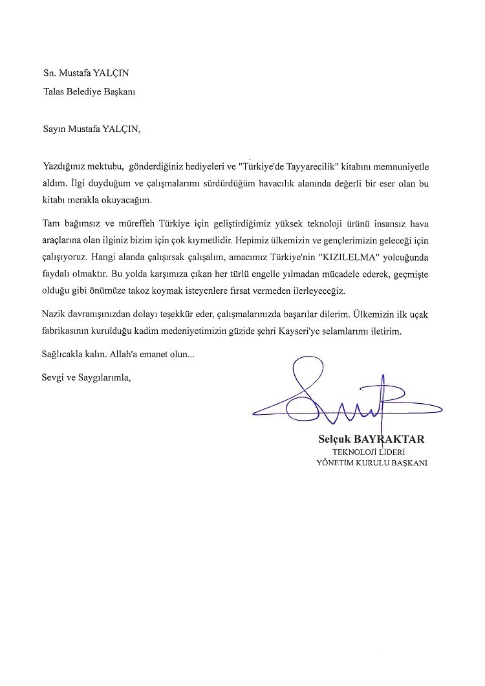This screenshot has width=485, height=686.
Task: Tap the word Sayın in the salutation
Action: coord(54,128)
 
